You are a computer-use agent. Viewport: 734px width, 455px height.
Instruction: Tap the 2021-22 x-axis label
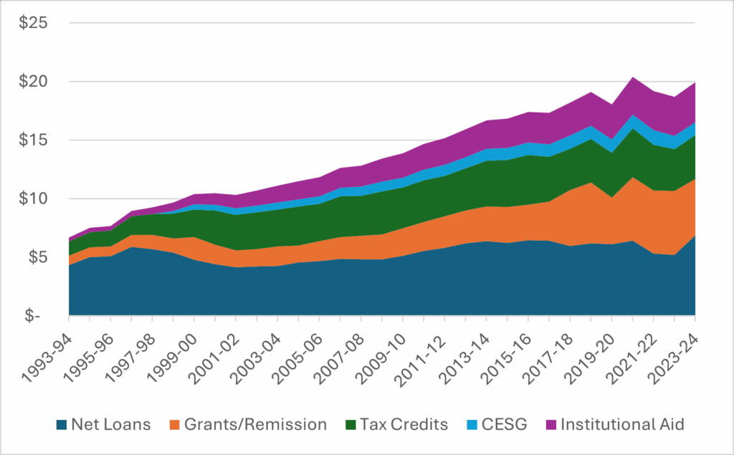point(636,348)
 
